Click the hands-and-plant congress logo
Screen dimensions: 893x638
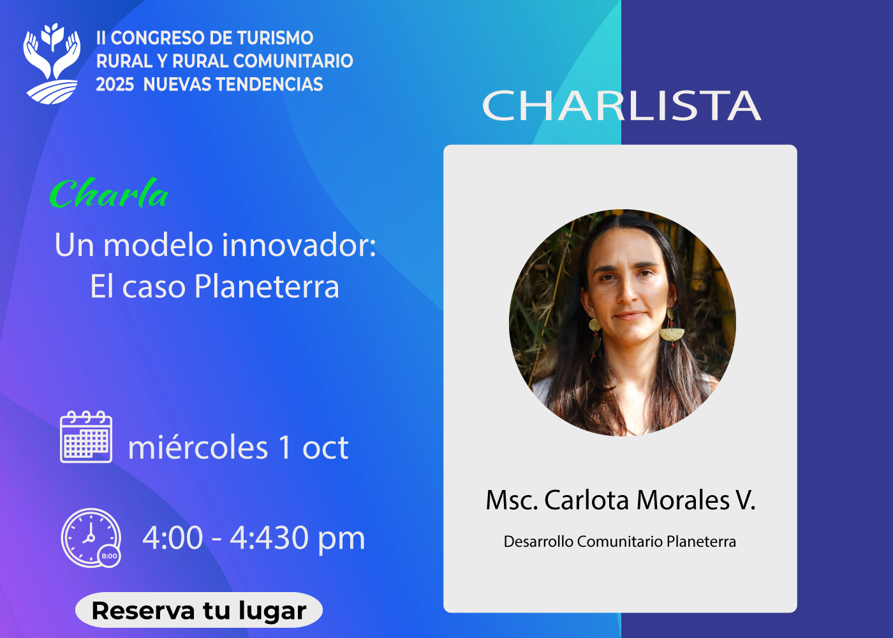pyautogui.click(x=52, y=64)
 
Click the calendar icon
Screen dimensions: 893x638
pyautogui.click(x=86, y=436)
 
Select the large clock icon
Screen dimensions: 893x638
pyautogui.click(x=90, y=537)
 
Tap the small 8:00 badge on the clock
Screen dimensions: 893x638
pyautogui.click(x=109, y=556)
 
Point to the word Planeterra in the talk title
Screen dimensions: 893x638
pyautogui.click(x=267, y=286)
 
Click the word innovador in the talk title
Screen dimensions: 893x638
pyautogui.click(x=299, y=245)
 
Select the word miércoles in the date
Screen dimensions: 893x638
pyautogui.click(x=198, y=447)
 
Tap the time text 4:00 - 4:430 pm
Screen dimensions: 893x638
pyautogui.click(x=254, y=538)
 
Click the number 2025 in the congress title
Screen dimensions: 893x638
pyautogui.click(x=115, y=84)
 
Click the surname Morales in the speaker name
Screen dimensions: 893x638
pyautogui.click(x=683, y=500)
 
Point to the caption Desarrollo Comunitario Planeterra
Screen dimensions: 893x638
pyautogui.click(x=620, y=542)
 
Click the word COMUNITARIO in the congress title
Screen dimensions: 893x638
pyautogui.click(x=293, y=61)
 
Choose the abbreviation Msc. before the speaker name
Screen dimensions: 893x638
pyautogui.click(x=512, y=500)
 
